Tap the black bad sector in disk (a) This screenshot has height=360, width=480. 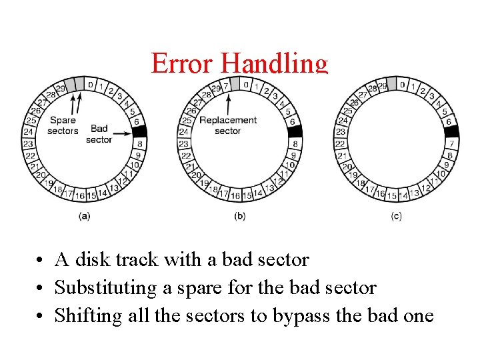click(139, 132)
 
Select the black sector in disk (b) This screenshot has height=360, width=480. click(295, 132)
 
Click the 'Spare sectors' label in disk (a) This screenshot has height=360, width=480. click(63, 125)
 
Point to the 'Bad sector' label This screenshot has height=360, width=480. click(99, 134)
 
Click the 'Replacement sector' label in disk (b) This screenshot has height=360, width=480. click(228, 125)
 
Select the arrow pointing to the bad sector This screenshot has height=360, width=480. click(121, 133)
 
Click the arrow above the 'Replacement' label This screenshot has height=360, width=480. click(228, 103)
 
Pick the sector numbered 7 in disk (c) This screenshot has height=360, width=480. click(451, 144)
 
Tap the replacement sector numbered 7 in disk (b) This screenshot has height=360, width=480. click(226, 86)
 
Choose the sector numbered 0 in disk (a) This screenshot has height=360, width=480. click(91, 85)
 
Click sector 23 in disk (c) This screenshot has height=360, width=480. click(340, 132)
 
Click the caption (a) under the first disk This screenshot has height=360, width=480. click(85, 215)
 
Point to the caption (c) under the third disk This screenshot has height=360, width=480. click(396, 215)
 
